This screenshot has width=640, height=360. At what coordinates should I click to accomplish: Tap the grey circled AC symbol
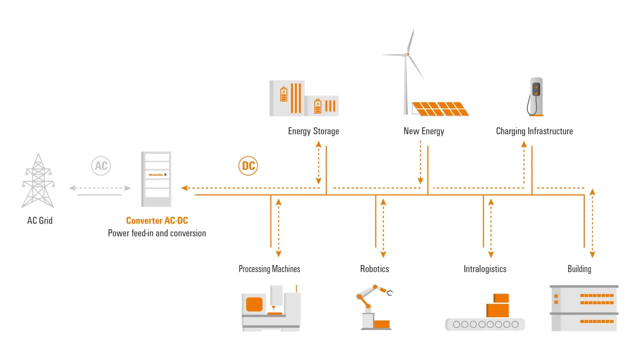[x=101, y=166]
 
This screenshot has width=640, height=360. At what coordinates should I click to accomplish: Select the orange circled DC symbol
[x=248, y=166]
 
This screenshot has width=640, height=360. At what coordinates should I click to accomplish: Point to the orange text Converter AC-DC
[x=157, y=221]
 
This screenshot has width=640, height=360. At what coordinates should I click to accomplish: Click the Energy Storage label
[x=313, y=131]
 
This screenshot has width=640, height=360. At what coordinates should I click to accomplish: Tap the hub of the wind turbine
[x=407, y=54]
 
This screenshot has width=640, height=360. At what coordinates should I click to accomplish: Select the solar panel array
[x=440, y=109]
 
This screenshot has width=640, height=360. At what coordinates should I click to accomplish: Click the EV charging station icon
[x=535, y=96]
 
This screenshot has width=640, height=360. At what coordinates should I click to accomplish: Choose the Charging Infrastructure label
[x=534, y=131]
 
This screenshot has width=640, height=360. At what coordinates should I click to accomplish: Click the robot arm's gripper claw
[x=390, y=292]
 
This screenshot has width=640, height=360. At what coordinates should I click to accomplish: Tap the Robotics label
[x=375, y=269]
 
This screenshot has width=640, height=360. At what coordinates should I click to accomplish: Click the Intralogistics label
[x=485, y=269]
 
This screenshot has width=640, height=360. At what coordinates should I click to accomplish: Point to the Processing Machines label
[x=269, y=269]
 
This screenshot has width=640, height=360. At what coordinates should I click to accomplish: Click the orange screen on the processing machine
[x=254, y=304]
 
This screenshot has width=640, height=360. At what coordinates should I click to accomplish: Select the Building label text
[x=579, y=269]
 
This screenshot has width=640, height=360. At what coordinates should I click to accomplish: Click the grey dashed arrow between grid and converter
[x=100, y=188]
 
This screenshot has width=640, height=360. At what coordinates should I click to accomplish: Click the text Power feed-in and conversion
[x=157, y=233]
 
